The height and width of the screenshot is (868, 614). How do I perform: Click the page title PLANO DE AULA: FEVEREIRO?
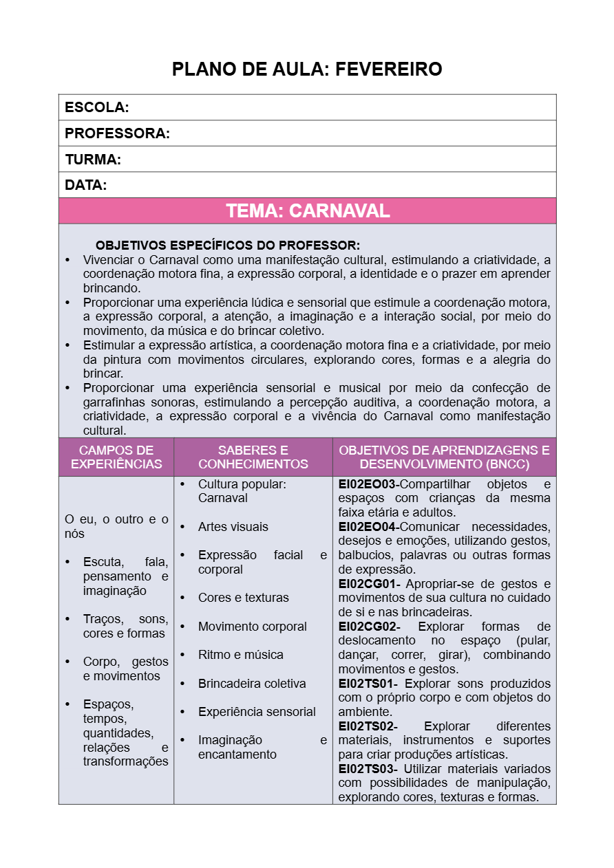307,69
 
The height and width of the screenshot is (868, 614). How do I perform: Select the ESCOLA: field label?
97,107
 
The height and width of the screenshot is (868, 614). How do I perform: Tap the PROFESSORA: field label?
117,133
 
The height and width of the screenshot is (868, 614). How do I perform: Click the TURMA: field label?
93,160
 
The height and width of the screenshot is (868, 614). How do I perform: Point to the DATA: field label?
86,185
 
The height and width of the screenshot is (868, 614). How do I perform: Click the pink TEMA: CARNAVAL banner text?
308,211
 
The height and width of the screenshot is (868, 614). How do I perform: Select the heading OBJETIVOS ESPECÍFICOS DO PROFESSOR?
228,246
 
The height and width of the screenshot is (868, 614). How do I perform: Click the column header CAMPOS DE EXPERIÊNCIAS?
116,457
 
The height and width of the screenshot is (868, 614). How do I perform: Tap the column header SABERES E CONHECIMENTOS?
253,457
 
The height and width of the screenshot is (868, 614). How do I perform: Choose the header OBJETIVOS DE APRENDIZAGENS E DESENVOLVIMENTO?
444,457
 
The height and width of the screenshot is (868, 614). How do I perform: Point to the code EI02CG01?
368,584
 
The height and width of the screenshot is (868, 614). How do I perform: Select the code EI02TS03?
368,768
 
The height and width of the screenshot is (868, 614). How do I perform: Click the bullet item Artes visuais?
233,527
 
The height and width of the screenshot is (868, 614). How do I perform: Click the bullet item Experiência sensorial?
257,712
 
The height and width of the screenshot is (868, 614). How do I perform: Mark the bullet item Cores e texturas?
243,598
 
